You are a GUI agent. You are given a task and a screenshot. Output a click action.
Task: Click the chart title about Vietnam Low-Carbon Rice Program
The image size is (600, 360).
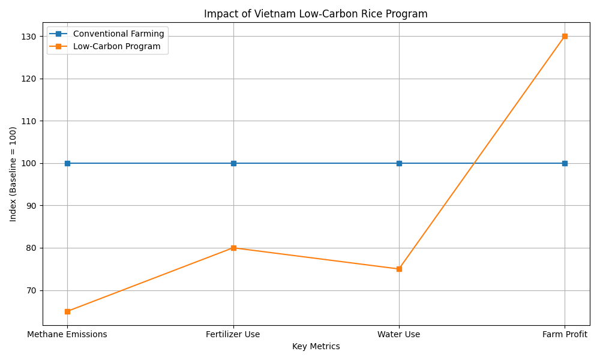tap(316, 14)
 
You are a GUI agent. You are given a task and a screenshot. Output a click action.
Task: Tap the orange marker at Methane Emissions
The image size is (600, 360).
tap(67, 311)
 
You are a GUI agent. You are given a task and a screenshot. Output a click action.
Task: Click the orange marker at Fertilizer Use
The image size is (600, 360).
tap(233, 248)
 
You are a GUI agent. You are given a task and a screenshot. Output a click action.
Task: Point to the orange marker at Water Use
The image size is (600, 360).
tap(399, 269)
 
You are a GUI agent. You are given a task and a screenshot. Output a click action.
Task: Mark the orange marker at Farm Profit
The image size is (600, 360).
tap(565, 36)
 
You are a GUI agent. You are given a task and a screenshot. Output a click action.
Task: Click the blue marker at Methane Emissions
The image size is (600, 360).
tap(67, 163)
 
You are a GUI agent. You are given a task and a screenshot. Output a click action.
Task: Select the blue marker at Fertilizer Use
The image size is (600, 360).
tap(233, 163)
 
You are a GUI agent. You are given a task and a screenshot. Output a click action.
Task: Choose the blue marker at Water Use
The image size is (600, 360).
tap(399, 163)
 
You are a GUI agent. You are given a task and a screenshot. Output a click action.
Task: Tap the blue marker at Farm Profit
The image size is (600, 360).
tap(565, 163)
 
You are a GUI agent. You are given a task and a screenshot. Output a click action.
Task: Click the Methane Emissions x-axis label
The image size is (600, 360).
tap(67, 334)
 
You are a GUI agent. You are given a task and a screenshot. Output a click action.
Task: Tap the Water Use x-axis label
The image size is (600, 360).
tap(399, 334)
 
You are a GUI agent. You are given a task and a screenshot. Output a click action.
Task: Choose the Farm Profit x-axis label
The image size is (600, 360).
tap(565, 334)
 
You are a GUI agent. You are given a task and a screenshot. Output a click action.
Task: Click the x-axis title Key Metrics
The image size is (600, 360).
tap(316, 346)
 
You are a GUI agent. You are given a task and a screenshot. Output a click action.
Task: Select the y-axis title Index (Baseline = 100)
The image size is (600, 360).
tap(13, 174)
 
